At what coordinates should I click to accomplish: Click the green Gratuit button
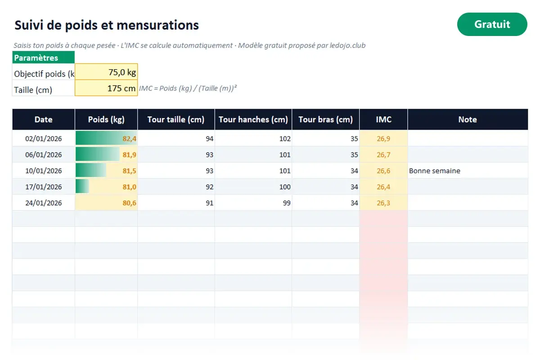(492, 24)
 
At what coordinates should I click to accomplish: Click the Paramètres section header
(43, 58)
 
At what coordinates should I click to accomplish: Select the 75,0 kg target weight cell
(106, 72)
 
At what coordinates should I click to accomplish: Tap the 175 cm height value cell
(106, 88)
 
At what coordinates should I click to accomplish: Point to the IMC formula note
(188, 88)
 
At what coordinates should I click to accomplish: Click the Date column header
(43, 119)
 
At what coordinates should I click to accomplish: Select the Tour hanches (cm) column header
(253, 119)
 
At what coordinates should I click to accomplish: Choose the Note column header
(468, 119)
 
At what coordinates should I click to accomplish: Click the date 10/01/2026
(43, 171)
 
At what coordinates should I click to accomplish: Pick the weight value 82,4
(130, 139)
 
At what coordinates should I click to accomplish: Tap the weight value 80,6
(130, 203)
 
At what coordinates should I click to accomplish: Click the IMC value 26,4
(383, 187)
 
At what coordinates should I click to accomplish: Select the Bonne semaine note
(434, 171)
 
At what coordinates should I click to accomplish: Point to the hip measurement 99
(287, 203)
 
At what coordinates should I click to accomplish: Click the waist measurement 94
(210, 139)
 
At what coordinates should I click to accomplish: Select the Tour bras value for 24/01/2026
(354, 203)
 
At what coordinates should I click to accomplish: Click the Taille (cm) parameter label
(33, 90)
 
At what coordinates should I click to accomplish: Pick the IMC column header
(383, 119)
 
